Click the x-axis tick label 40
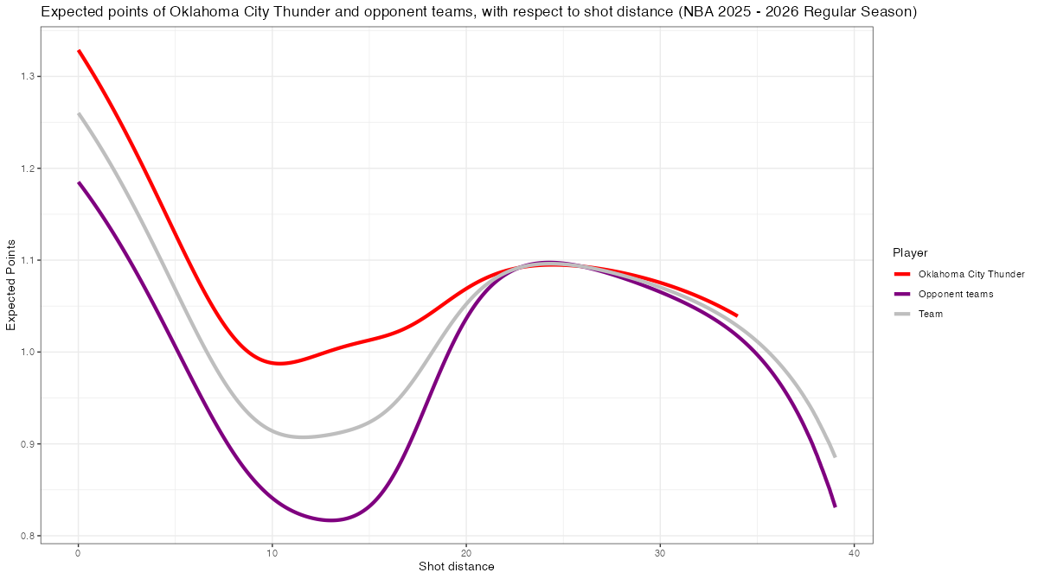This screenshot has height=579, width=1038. pos(854,552)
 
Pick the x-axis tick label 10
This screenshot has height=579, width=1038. pos(272,552)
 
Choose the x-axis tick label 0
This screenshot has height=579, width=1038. pos(79,552)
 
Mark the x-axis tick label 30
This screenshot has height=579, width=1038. pos(660,552)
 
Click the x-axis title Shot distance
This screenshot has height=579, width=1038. pos(457,567)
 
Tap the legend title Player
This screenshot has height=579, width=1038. pos(910,253)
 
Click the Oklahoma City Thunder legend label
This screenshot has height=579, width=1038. pos(971,274)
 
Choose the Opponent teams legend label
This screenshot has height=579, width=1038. pos(956,294)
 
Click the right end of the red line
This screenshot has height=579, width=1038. pos(737,315)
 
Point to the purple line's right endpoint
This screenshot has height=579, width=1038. pos(835,506)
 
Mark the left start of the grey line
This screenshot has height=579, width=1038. pos(79,113)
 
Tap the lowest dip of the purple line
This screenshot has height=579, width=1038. pos(331,520)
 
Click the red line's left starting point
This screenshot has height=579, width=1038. pos(79,51)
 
